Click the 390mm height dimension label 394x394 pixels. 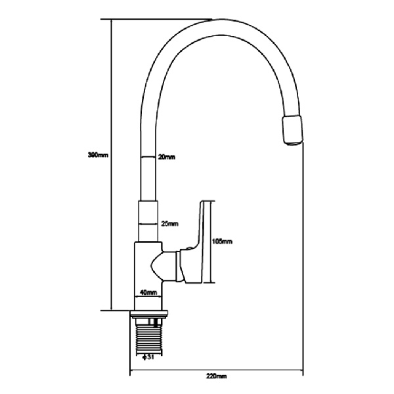tap(98, 156)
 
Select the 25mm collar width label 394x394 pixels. tap(169, 225)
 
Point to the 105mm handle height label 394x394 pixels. tap(223, 242)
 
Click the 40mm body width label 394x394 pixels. tap(148, 292)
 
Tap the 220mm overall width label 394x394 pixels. tap(217, 376)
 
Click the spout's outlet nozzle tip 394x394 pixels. tap(292, 129)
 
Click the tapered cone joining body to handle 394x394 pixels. tap(162, 265)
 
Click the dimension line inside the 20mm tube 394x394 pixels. tap(148, 157)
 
